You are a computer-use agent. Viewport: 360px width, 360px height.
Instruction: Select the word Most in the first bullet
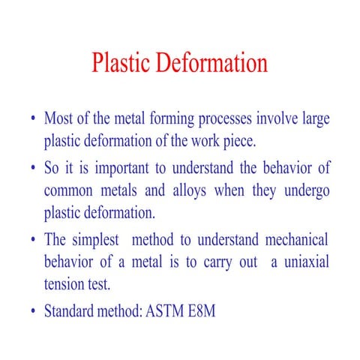(x=59, y=119)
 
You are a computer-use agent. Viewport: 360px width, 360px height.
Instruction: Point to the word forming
(x=169, y=119)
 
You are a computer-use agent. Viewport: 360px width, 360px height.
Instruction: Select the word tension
(x=66, y=283)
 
